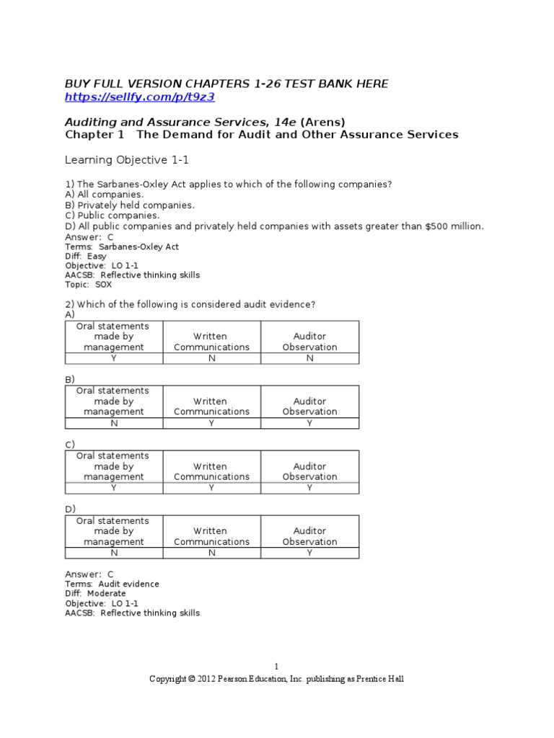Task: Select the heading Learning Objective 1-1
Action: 127,159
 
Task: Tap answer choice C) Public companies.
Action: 113,215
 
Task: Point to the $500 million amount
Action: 454,226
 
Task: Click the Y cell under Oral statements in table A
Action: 113,358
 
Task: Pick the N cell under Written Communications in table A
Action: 211,358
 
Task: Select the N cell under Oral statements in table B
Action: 113,423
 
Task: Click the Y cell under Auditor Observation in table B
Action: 309,423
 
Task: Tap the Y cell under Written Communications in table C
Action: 211,488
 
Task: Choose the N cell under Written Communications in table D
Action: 211,553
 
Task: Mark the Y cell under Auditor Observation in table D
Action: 309,553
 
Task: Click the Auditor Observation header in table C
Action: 309,471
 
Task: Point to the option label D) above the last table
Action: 70,509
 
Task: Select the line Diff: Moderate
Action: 95,593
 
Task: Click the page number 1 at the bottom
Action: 276,667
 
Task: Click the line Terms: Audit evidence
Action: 112,584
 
